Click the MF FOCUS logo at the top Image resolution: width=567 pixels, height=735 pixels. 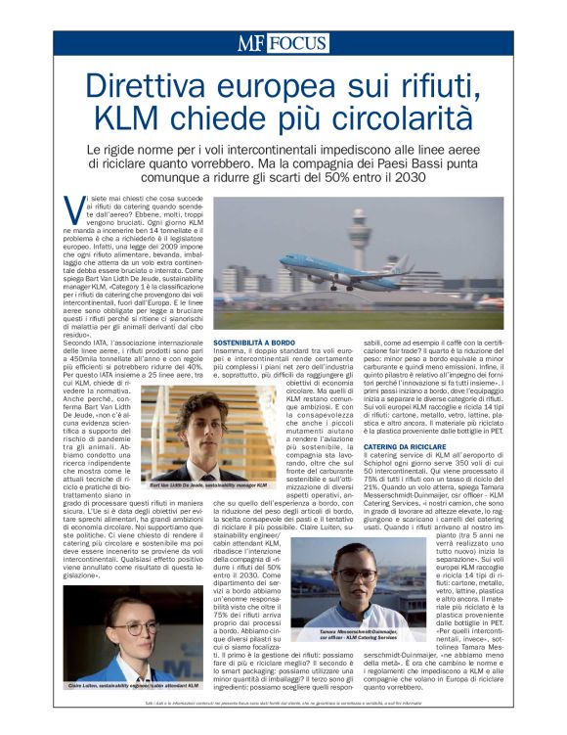283,42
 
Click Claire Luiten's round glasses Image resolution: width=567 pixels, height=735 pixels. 123,625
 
